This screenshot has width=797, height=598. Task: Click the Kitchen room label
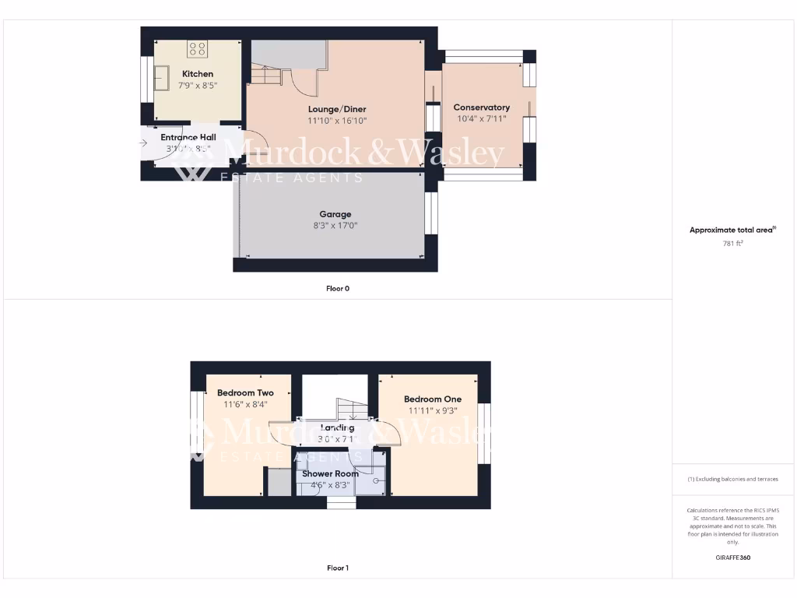tap(198, 74)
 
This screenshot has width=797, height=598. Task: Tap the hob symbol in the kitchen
tap(198, 50)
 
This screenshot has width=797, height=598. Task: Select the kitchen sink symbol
tap(163, 77)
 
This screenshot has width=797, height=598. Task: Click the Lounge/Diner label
tap(336, 109)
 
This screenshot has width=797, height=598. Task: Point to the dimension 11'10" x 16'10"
tap(336, 121)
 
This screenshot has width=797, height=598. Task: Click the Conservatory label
tap(481, 107)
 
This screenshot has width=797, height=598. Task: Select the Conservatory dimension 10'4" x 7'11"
tap(481, 119)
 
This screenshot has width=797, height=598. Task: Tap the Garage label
tap(335, 214)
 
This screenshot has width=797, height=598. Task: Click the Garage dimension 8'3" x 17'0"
tap(335, 226)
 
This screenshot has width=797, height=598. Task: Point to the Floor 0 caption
tap(338, 288)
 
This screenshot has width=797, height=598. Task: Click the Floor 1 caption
tap(338, 568)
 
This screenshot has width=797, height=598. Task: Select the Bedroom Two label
tap(245, 393)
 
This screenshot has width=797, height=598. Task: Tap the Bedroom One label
tap(433, 399)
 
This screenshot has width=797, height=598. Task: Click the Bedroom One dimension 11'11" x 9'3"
tap(433, 410)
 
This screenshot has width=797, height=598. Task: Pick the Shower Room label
tap(331, 473)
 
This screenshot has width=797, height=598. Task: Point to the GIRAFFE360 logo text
tap(732, 558)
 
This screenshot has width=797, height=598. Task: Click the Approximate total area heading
tap(732, 230)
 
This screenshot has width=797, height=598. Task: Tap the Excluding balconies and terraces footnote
tap(732, 479)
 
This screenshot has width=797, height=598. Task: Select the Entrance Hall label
tap(188, 137)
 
